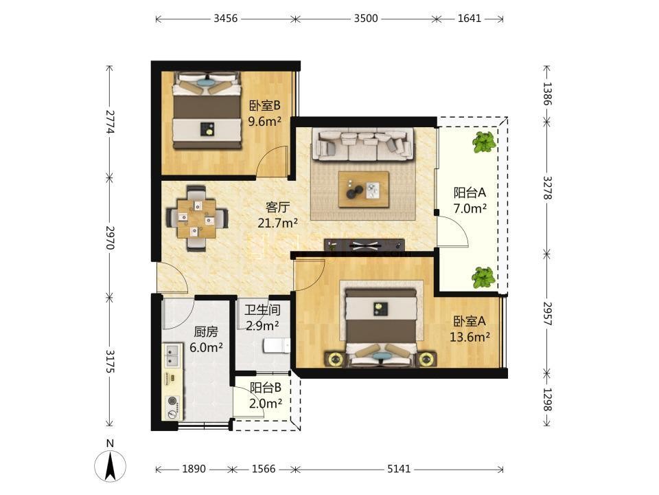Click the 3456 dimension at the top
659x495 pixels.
click(226, 19)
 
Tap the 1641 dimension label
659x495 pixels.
click(470, 19)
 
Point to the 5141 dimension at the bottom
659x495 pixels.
click(398, 469)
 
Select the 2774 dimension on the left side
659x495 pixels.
click(110, 122)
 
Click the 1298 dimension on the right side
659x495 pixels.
click(547, 399)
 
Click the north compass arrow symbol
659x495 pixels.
click(110, 466)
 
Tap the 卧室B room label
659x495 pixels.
click(265, 105)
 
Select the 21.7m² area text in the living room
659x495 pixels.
click(278, 223)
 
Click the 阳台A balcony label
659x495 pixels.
click(470, 192)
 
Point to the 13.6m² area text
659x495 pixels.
click(470, 337)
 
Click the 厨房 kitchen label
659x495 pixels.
click(206, 332)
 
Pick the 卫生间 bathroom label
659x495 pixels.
click(263, 310)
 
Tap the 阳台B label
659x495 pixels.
click(266, 388)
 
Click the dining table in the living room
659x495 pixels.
click(197, 219)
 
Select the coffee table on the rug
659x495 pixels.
click(364, 190)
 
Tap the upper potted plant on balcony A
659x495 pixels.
click(484, 142)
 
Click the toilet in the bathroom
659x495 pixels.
click(277, 346)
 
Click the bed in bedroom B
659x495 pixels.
click(207, 111)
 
